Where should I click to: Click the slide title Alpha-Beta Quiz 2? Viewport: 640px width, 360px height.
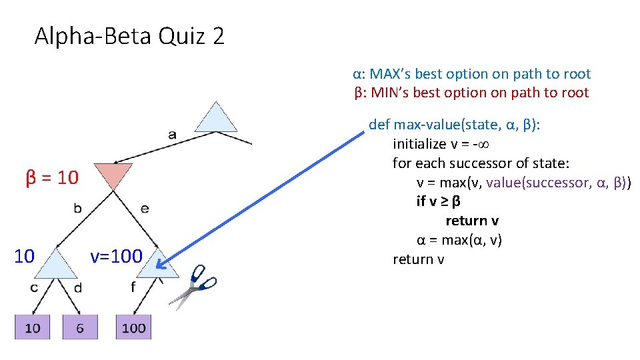[129, 35]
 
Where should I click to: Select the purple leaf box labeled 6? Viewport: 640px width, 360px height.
[80, 327]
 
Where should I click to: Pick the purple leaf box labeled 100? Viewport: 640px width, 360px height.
[133, 327]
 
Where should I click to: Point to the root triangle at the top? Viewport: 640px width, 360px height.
[216, 118]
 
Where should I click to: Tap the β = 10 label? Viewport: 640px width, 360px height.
[52, 178]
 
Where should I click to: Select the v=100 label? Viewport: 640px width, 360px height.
[116, 256]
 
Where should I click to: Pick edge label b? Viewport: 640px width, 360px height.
[78, 209]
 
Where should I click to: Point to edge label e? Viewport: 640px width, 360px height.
[145, 209]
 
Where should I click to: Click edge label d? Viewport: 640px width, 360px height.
[77, 287]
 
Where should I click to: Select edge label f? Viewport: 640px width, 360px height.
[133, 287]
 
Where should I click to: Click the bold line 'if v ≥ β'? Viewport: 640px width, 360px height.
[439, 201]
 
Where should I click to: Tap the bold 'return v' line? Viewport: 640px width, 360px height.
[472, 221]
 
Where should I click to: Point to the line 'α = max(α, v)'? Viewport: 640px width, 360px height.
[459, 240]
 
